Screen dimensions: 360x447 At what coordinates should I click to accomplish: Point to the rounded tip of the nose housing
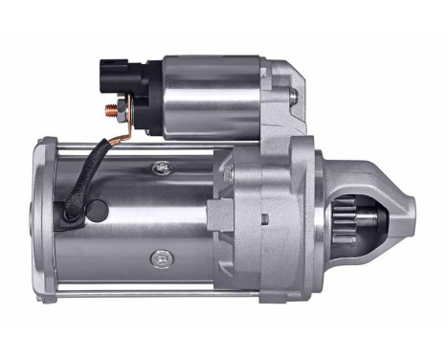[x=410, y=205]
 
